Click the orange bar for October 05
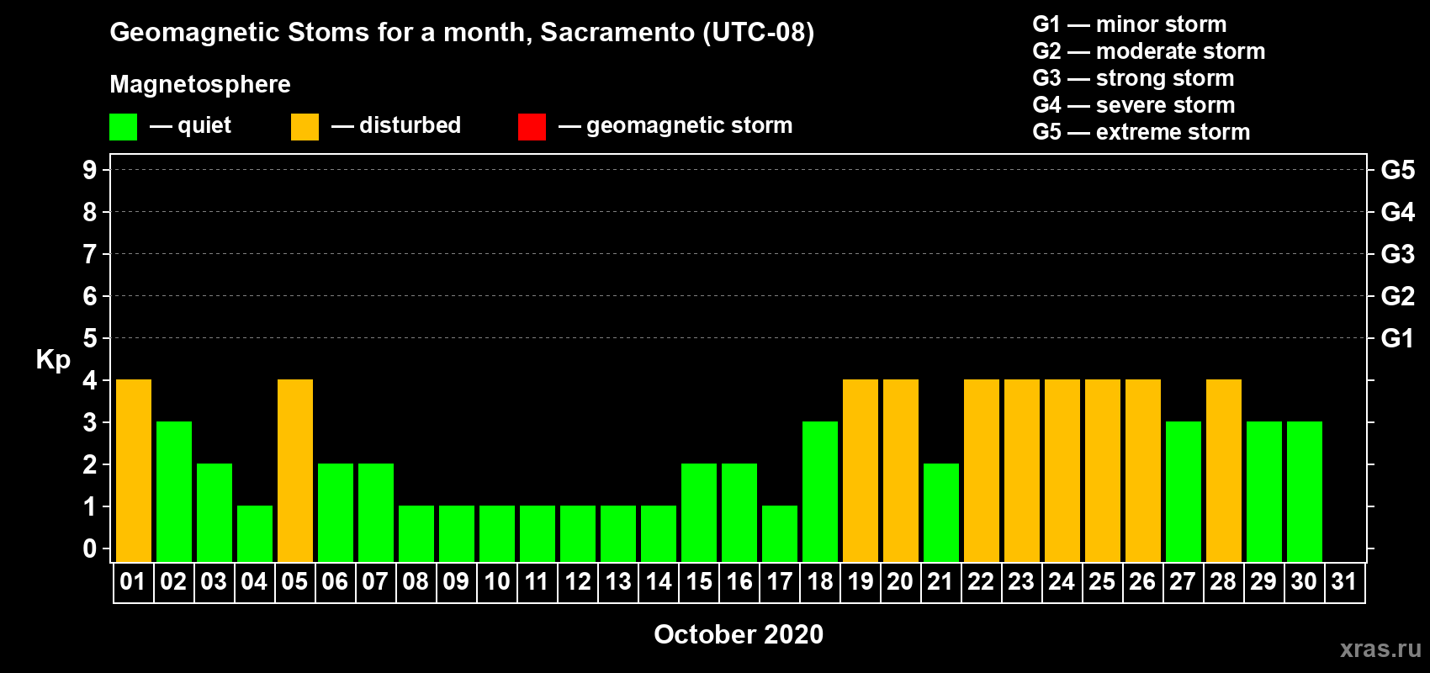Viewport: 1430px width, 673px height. [x=295, y=470]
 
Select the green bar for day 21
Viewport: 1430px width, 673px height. [x=941, y=512]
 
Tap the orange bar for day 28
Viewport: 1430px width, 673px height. [x=1224, y=470]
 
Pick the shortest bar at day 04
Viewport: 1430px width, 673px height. [x=255, y=534]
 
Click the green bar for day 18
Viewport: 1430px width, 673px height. [x=820, y=491]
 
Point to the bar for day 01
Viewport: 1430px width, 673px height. [x=134, y=470]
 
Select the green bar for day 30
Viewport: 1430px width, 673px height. [x=1304, y=491]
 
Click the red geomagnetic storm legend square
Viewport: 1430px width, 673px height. [x=532, y=126]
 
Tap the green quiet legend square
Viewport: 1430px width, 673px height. [x=123, y=126]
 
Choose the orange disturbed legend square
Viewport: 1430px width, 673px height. [x=305, y=126]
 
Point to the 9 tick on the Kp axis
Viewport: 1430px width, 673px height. [x=89, y=170]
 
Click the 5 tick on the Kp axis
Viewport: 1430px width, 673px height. [x=89, y=338]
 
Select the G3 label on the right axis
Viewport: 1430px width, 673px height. [x=1397, y=254]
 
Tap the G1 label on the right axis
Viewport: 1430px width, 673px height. [x=1397, y=338]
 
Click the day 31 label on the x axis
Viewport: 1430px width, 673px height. [x=1344, y=581]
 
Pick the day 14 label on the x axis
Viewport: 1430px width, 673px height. [x=658, y=581]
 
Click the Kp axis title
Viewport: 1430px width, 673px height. [x=53, y=360]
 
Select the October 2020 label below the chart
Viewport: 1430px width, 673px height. [x=739, y=634]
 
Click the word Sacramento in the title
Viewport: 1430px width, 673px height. [x=617, y=32]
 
